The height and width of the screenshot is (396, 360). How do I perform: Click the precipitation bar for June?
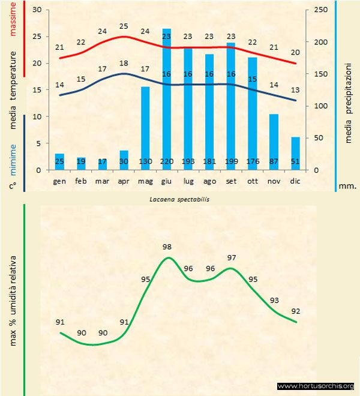point(166,96)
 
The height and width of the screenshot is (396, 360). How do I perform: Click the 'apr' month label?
point(124,180)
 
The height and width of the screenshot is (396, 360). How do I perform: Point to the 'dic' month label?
point(295,180)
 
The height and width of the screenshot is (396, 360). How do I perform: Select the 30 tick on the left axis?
point(37,10)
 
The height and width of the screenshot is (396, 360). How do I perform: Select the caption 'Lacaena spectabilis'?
point(180,199)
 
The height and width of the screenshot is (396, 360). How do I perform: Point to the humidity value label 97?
point(232,257)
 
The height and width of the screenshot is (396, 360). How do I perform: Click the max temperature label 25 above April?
point(124,26)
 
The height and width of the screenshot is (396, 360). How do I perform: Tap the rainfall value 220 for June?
point(166,161)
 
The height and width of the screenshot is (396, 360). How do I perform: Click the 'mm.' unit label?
point(347,186)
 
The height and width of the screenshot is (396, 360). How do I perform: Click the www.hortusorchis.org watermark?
point(316,386)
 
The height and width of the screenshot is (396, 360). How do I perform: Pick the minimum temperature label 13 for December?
point(295,89)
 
